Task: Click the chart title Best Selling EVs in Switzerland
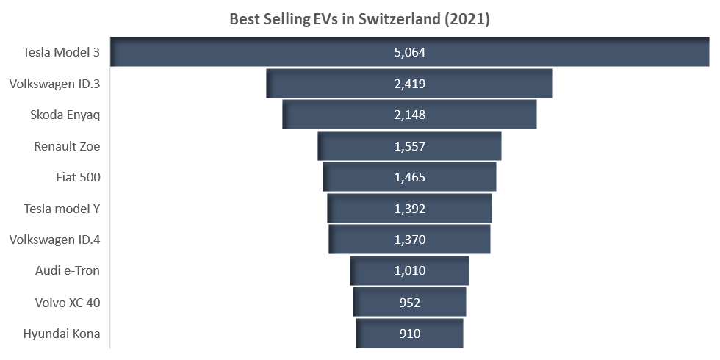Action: (359, 19)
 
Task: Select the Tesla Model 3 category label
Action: (62, 52)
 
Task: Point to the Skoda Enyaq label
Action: (65, 115)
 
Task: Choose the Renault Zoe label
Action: (67, 146)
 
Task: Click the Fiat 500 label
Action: (78, 177)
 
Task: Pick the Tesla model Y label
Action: (62, 209)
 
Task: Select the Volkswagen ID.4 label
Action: (54, 240)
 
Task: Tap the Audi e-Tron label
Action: (68, 270)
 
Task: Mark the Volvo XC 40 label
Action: (68, 302)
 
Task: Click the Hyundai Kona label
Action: (62, 334)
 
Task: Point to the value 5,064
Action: (410, 52)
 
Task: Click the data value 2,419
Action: (410, 84)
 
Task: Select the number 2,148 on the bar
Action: (410, 115)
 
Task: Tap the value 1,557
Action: (410, 146)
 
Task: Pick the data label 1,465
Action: (410, 177)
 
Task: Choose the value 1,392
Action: (410, 209)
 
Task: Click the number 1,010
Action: (410, 270)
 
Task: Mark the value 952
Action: (410, 302)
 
